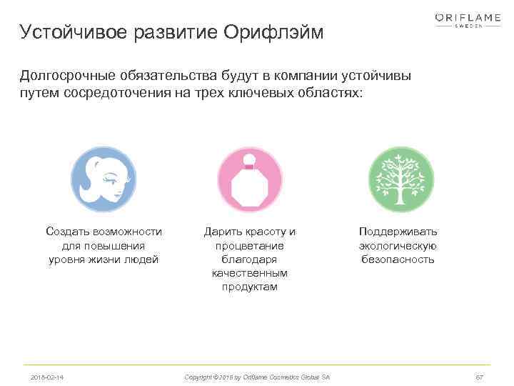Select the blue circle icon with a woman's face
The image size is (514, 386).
(x=104, y=179)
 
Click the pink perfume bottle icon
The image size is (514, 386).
(x=250, y=179)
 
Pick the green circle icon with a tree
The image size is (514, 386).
(x=400, y=179)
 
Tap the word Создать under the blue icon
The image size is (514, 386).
(x=66, y=232)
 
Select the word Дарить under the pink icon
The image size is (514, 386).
(x=222, y=232)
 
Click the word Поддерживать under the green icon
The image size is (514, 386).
(x=398, y=232)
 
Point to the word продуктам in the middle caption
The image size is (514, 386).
(x=250, y=287)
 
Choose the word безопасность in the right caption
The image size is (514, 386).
(x=398, y=259)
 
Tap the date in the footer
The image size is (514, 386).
(x=46, y=377)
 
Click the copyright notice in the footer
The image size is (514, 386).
(x=257, y=377)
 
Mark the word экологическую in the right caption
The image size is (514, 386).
(x=398, y=246)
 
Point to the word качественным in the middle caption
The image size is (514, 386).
(x=250, y=273)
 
